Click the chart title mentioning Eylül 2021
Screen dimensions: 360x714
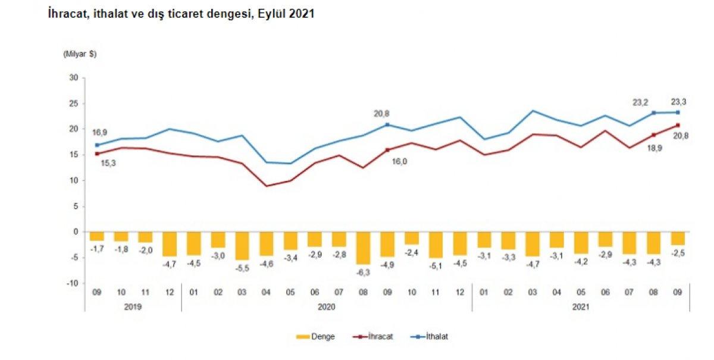pos(181,14)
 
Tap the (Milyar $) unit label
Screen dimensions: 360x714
pos(80,54)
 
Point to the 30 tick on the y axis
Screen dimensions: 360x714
pos(74,77)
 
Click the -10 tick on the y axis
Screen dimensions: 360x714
pos(73,283)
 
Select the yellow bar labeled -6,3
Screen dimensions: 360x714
pos(364,248)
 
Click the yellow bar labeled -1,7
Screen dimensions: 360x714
pos(97,236)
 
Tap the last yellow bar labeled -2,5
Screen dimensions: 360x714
pos(677,238)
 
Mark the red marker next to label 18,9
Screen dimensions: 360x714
pos(653,134)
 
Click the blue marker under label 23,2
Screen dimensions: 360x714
pos(653,112)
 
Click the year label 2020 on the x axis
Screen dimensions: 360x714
pos(327,306)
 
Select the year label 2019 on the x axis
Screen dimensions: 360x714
pos(133,306)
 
